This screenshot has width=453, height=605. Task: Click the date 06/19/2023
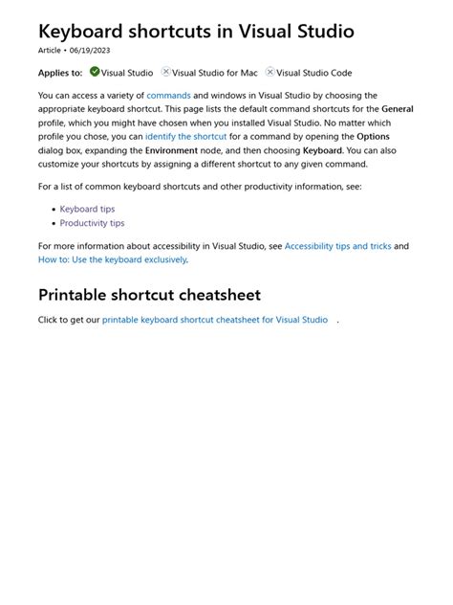coord(90,50)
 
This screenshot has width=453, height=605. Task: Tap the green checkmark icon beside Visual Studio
coord(95,72)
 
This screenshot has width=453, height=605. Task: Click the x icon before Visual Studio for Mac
coord(166,72)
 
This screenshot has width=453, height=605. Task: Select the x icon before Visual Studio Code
coord(270,72)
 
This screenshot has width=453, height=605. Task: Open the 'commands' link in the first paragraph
coord(168,96)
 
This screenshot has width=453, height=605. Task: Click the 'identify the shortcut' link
coord(185,137)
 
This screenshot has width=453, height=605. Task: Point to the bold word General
coord(398,109)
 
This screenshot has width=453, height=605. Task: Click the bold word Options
coord(373,137)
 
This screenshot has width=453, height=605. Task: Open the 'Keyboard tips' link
coord(87,209)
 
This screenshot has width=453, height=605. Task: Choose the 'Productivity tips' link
coord(92,223)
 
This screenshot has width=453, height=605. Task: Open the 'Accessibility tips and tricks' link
coord(337,246)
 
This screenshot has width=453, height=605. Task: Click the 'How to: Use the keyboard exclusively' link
coord(112,259)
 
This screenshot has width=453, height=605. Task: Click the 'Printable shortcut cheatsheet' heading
coord(149,295)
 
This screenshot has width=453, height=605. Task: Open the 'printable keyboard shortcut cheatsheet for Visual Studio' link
coord(214,320)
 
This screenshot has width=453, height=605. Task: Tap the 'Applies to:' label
coord(60,73)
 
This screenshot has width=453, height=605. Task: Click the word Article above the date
coord(49,50)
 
